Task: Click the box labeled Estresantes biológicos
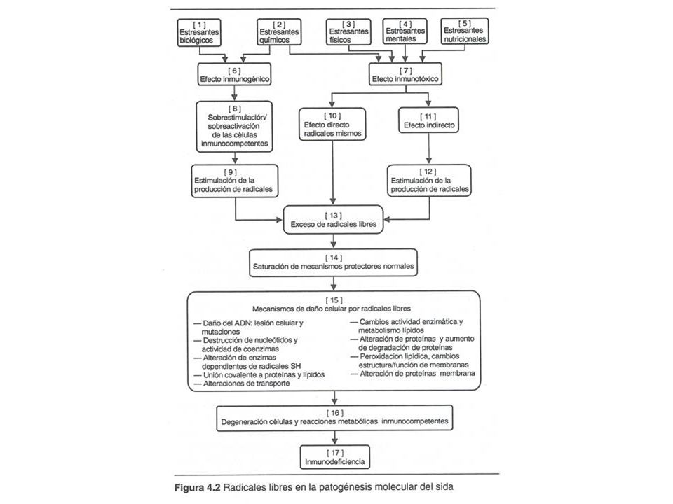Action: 199,33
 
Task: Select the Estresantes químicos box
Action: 279,31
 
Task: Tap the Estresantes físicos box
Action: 348,31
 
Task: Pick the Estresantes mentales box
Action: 405,31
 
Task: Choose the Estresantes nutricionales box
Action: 465,31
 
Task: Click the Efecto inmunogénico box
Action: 234,75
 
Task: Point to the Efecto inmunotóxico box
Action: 405,74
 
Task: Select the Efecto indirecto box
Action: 428,120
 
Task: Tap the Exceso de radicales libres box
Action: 333,219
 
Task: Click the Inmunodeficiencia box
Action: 335,457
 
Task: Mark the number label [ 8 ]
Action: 234,108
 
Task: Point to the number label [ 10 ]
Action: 332,115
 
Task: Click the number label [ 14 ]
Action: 334,258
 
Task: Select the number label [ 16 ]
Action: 335,413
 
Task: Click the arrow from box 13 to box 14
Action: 334,241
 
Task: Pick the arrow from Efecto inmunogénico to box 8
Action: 234,93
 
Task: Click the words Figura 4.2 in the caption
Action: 198,488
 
